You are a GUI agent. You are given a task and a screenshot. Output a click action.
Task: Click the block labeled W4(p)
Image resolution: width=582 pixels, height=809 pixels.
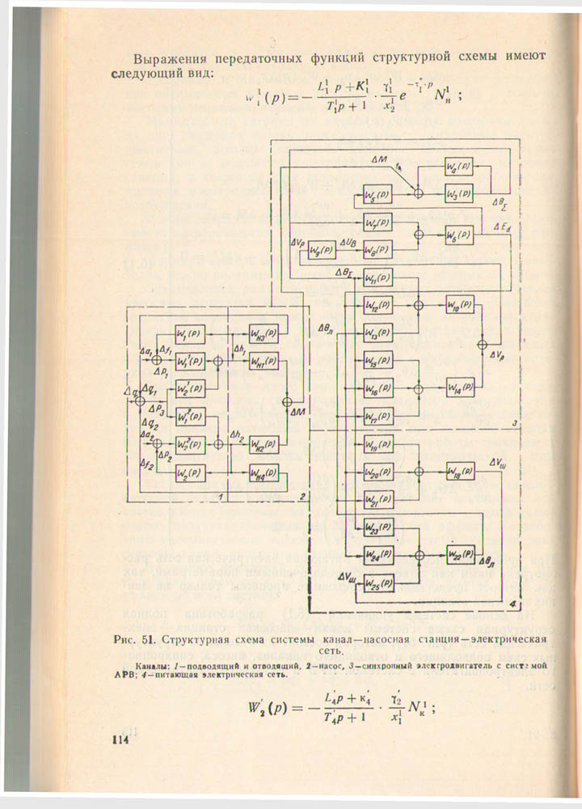pos(462,167)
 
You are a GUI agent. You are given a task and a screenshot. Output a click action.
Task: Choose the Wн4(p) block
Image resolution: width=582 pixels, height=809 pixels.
pos(262,472)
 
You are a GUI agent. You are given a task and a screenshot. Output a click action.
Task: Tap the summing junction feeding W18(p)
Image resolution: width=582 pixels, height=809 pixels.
pos(419,471)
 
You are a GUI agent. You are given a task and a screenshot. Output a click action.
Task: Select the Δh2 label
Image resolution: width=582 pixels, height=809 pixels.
pos(237,436)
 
